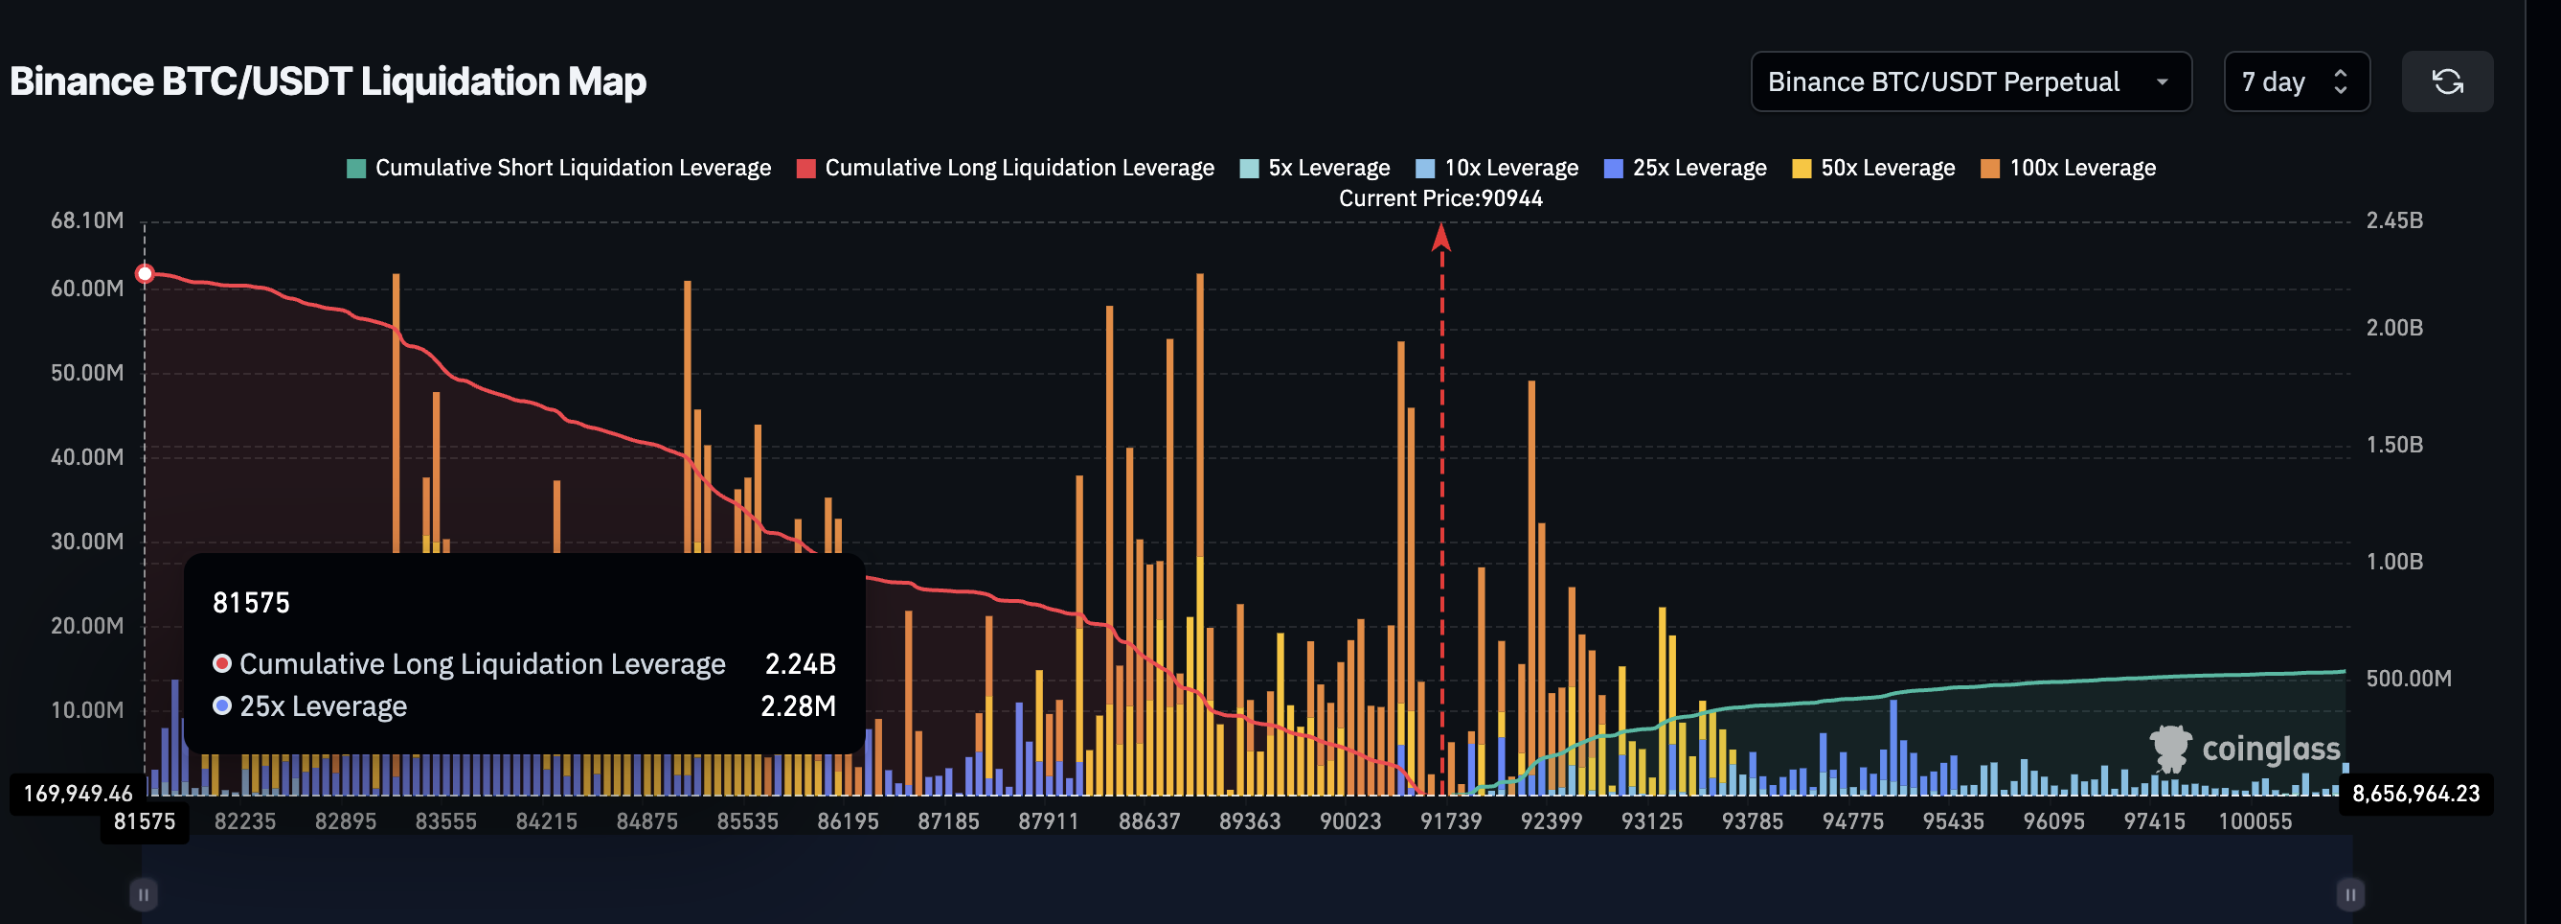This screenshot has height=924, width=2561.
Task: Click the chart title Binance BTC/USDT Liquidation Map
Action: (329, 81)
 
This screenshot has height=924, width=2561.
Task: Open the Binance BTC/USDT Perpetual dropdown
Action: (1969, 81)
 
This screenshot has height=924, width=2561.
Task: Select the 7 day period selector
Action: (2295, 81)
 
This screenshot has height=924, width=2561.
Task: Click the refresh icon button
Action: (2446, 81)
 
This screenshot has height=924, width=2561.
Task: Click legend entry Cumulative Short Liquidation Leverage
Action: (558, 168)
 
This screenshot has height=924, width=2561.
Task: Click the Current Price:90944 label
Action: (1439, 197)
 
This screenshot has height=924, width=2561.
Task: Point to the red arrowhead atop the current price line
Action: (1440, 237)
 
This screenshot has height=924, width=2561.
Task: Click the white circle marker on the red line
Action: (146, 273)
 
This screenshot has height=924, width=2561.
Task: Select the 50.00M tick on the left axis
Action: (87, 373)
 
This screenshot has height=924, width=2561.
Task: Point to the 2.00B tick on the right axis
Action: (2394, 327)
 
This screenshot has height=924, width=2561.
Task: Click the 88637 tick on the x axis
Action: (1148, 821)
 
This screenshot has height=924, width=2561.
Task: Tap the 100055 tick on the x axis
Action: (2254, 821)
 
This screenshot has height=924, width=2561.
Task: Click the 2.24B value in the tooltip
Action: (800, 663)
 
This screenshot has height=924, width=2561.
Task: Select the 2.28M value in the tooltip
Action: (798, 706)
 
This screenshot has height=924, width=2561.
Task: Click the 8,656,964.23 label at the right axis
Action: (2414, 794)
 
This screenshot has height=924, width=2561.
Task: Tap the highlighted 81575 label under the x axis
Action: (145, 821)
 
